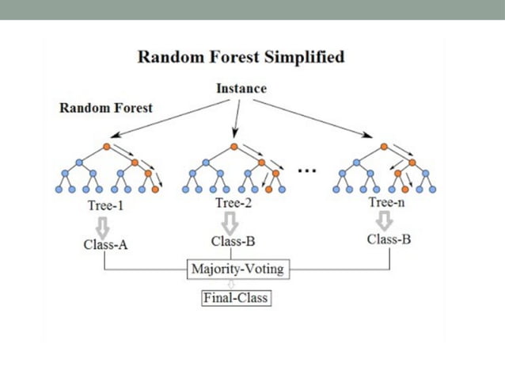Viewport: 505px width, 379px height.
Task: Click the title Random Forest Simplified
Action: coord(241,57)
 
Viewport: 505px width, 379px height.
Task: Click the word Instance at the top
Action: coord(241,87)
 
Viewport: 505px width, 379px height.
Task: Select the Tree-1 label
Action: coord(107,205)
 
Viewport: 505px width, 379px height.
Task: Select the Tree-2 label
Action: coord(234,204)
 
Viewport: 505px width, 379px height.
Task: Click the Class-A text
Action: coord(106,244)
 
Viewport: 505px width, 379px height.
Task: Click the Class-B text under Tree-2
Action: coord(234,241)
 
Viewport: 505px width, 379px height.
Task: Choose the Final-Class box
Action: coord(234,298)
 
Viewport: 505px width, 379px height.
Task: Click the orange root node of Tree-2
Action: coord(234,147)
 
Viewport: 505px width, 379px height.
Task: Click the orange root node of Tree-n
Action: coord(384,147)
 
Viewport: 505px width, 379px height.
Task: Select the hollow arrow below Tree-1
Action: coord(105,223)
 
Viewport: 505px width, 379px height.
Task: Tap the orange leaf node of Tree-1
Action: coord(156,189)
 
